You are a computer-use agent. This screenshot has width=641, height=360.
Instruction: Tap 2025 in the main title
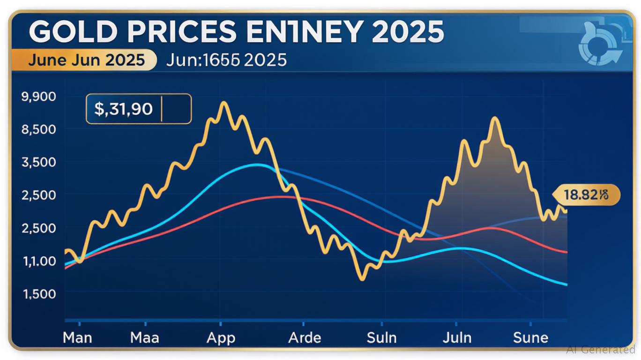click(407, 32)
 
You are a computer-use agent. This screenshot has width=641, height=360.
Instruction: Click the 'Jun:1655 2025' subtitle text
click(226, 60)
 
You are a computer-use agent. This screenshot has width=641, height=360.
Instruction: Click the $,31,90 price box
click(138, 109)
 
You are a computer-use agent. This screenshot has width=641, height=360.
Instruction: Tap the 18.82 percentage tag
click(586, 195)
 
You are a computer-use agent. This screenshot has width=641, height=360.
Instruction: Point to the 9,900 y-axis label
click(39, 97)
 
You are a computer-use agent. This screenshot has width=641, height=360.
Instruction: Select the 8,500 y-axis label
click(39, 129)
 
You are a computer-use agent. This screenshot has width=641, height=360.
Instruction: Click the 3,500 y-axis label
click(39, 162)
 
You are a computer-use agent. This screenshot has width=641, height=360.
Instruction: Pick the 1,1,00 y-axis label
click(39, 261)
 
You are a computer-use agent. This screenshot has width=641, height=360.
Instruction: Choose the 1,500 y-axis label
click(39, 294)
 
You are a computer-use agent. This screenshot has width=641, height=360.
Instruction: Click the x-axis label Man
click(78, 337)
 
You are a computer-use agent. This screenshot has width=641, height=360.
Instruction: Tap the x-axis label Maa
click(145, 337)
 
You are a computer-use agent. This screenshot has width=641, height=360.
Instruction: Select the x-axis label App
click(221, 337)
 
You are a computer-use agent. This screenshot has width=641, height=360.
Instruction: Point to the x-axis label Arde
click(305, 337)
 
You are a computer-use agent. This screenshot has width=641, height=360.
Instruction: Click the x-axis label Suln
click(381, 337)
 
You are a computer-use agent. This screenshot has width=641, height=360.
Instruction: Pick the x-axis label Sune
click(530, 337)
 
